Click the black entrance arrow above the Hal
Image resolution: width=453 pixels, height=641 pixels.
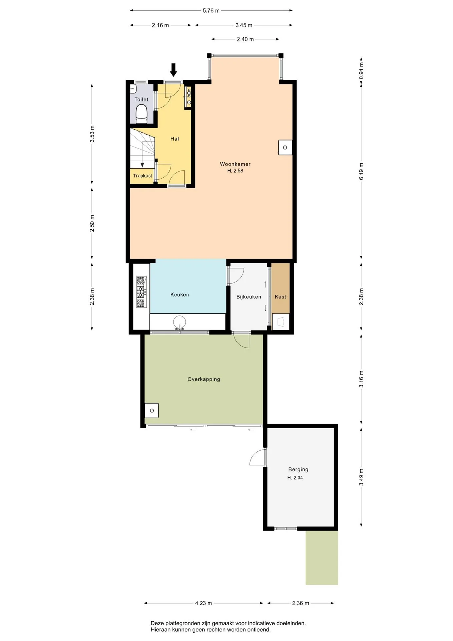[x=173, y=70]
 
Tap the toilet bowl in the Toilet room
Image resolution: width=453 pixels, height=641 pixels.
[x=141, y=113]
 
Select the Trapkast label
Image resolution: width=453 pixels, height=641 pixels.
[x=142, y=176]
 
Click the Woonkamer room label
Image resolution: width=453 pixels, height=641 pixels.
[x=235, y=164]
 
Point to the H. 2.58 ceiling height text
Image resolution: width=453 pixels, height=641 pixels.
[x=235, y=171]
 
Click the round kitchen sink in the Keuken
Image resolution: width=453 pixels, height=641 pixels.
[x=179, y=322]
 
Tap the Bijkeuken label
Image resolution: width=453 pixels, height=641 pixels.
[x=249, y=296]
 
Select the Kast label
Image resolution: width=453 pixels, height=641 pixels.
[x=280, y=296]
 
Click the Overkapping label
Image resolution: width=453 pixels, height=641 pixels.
[x=204, y=379]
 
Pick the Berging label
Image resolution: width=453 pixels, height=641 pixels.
[x=298, y=469]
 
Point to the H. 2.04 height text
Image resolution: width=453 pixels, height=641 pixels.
[x=295, y=478]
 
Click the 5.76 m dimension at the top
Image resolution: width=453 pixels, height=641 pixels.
[x=211, y=10]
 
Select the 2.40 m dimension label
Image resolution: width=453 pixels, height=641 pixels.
[x=245, y=39]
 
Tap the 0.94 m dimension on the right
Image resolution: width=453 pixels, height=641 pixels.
[x=361, y=71]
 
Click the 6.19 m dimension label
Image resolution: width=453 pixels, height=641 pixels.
[x=361, y=171]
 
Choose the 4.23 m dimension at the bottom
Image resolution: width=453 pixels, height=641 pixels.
[x=203, y=603]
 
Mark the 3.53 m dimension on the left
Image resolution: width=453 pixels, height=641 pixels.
[x=92, y=134]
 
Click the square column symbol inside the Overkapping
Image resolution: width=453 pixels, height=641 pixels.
[x=152, y=411]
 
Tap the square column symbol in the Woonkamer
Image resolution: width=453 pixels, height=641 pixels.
[x=285, y=148]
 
